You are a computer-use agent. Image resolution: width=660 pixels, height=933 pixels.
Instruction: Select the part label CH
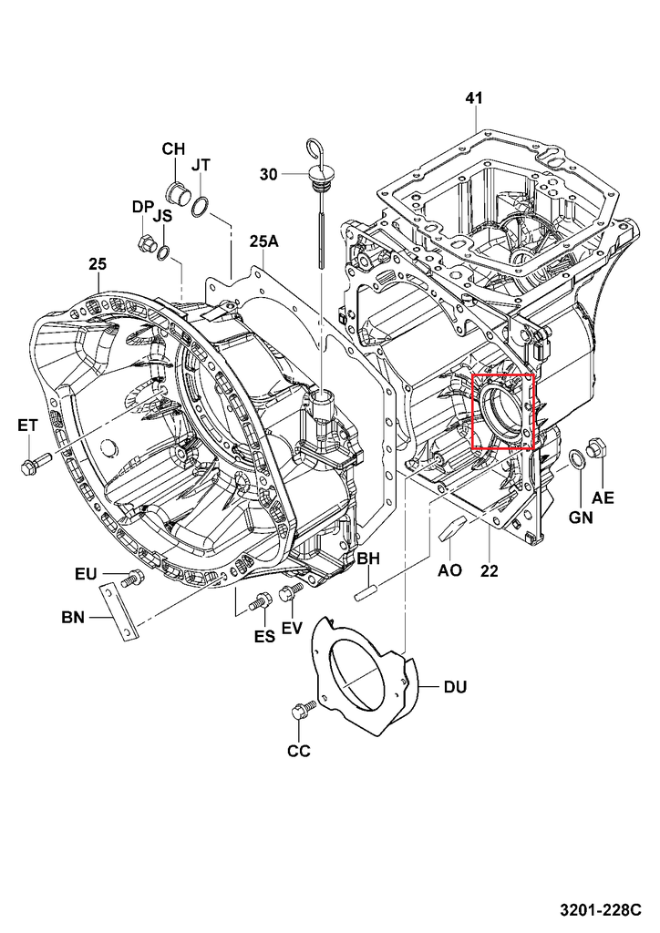click(173, 149)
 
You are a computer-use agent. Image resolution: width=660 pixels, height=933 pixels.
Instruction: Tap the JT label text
click(201, 165)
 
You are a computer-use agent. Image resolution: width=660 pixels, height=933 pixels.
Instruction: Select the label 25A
click(263, 241)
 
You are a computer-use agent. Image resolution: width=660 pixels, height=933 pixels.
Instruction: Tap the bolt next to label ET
click(29, 466)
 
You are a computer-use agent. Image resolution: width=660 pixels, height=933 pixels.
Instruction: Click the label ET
click(27, 425)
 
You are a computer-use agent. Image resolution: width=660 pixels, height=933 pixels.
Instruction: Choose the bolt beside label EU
click(131, 578)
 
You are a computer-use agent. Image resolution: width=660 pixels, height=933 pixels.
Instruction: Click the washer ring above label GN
click(577, 457)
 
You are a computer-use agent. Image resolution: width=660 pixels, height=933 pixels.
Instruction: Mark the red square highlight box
click(502, 412)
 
